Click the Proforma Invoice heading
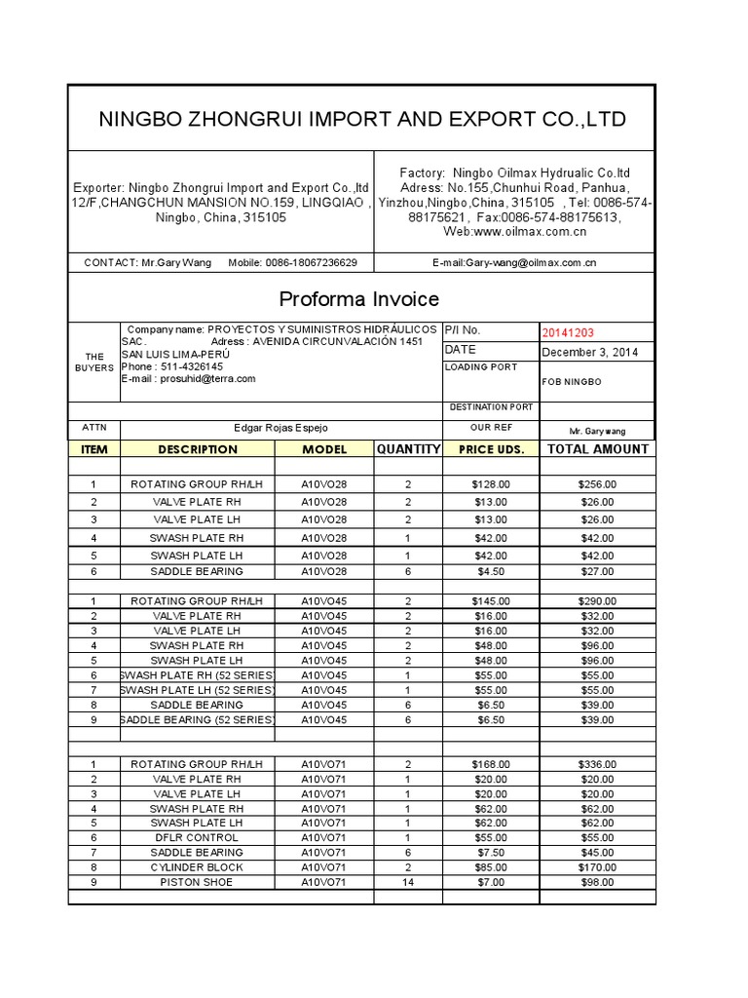[359, 298]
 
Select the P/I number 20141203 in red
[568, 331]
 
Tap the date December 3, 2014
[590, 352]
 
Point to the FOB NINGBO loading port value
[572, 382]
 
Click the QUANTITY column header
[408, 449]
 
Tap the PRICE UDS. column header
[490, 449]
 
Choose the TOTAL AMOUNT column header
[597, 449]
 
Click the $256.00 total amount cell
[596, 483]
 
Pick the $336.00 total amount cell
[596, 764]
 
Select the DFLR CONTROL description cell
[197, 837]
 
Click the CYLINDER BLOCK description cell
[197, 866]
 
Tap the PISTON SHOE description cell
[197, 882]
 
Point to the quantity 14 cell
[408, 882]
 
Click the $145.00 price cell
[490, 600]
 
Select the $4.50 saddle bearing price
[490, 571]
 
